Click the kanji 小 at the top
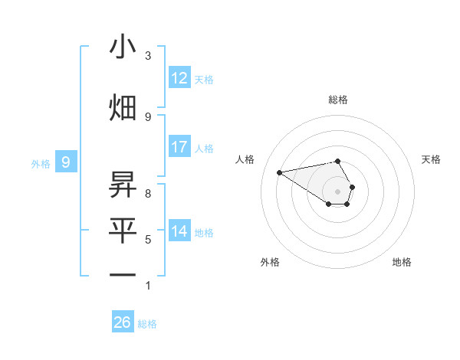click(123, 47)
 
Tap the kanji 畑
click(123, 106)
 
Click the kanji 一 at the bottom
click(123, 274)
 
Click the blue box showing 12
click(179, 78)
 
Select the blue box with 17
click(179, 147)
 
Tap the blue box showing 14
click(179, 231)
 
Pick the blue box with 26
click(123, 322)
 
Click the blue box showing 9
click(67, 162)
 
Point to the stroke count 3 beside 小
click(148, 56)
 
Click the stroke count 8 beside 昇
click(148, 194)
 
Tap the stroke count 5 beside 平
click(148, 240)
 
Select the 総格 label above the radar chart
click(338, 100)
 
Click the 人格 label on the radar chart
click(245, 159)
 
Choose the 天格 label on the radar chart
click(432, 159)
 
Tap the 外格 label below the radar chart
click(270, 262)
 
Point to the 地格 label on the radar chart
click(402, 262)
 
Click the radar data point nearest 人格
click(280, 172)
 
